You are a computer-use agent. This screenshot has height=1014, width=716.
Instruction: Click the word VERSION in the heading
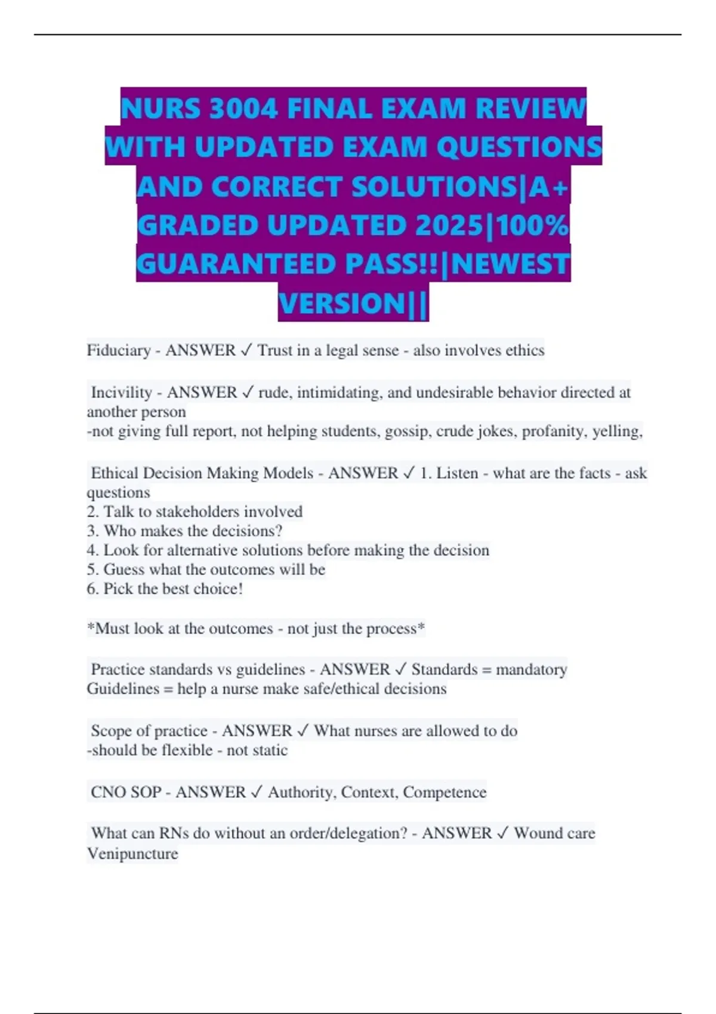pos(342,303)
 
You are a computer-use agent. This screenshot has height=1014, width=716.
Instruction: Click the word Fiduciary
pos(118,350)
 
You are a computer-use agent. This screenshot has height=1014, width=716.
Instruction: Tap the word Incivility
pos(121,392)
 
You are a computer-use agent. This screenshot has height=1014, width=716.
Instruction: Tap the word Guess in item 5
pos(124,569)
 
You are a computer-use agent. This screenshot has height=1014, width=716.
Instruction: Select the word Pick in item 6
pos(117,589)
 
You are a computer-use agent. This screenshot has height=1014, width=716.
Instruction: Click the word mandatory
pos(531,669)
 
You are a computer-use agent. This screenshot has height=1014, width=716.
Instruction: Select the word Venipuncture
pos(132,854)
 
